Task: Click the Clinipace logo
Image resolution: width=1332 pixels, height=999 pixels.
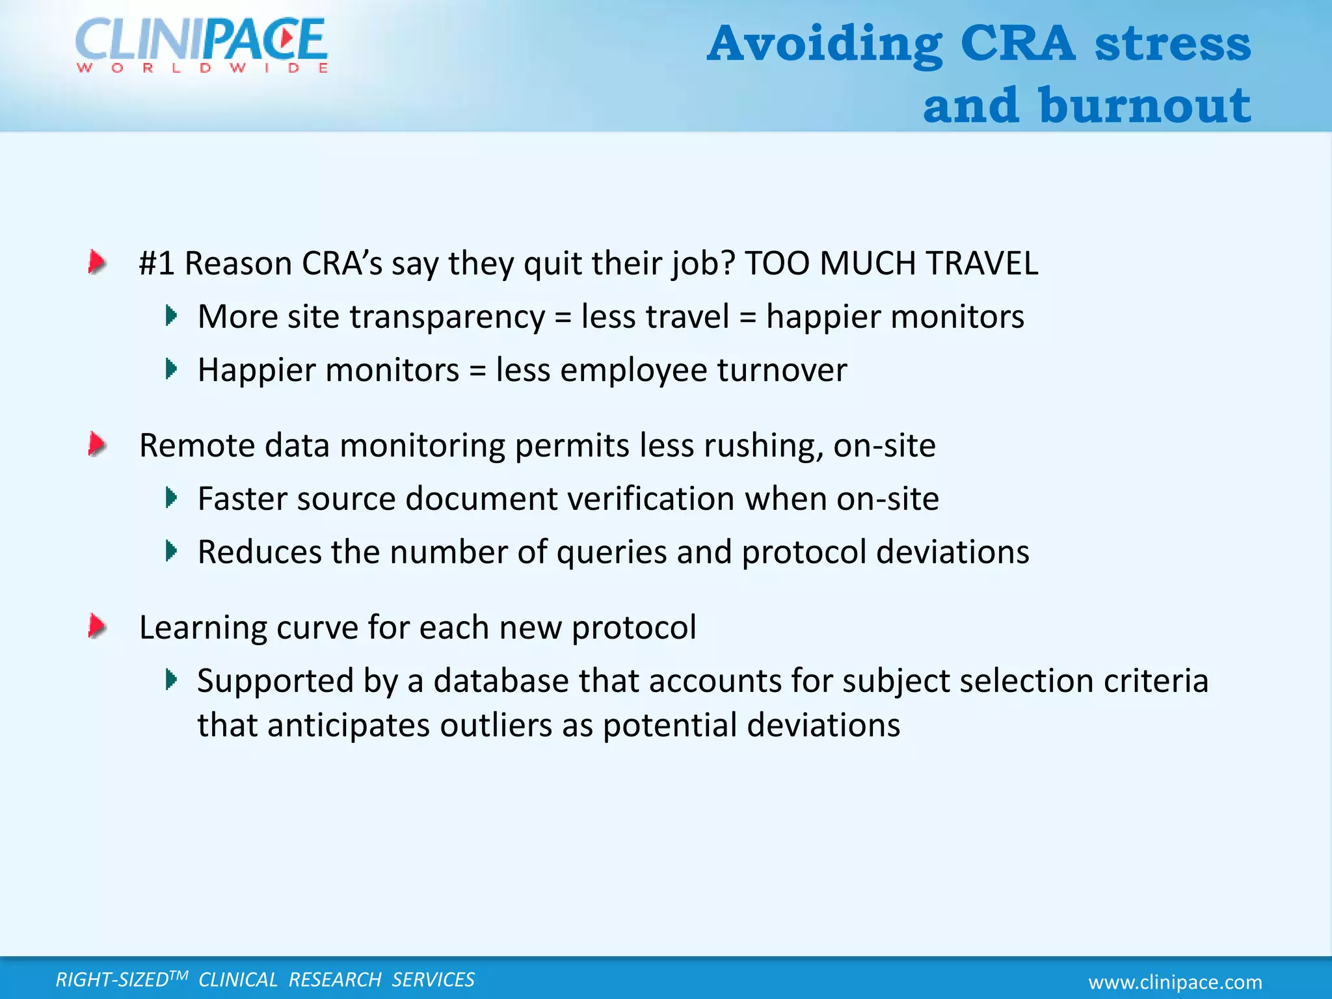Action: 201,39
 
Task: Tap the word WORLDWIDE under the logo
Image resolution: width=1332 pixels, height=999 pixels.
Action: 202,68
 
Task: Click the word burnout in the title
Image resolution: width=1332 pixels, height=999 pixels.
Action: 1144,105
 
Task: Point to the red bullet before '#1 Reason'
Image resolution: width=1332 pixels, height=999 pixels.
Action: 97,263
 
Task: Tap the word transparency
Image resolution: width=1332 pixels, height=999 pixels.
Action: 447,317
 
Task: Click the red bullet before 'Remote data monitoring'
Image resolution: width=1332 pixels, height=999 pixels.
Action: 97,445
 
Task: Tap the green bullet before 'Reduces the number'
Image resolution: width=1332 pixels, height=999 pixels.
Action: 171,552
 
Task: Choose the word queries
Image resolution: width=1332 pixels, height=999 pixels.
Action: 611,553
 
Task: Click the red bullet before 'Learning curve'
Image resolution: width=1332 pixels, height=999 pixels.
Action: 97,627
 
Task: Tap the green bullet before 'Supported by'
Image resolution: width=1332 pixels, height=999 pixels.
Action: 171,680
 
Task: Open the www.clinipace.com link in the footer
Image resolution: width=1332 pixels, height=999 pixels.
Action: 1175,982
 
